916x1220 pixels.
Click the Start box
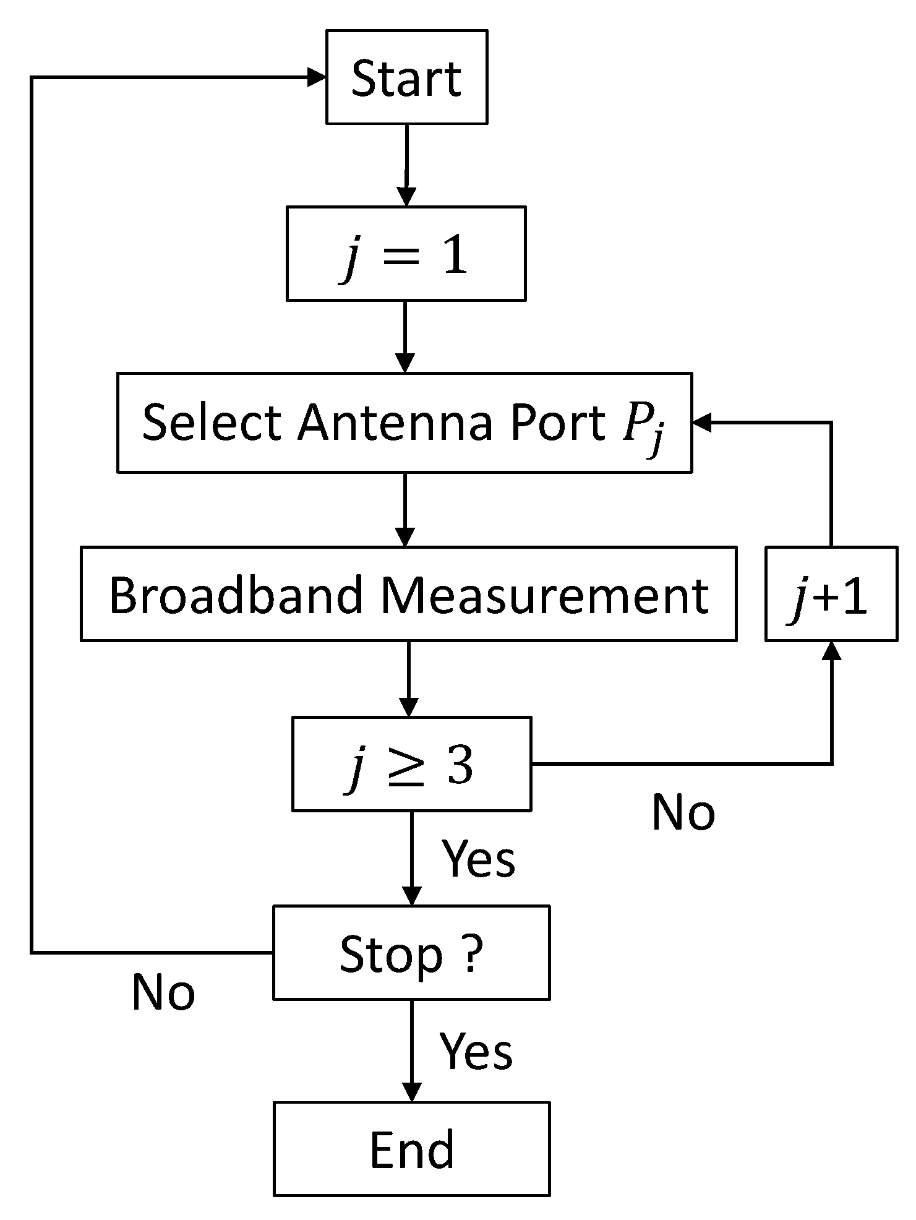point(406,77)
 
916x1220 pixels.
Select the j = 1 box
point(406,254)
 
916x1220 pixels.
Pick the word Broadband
point(236,595)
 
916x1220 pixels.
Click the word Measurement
point(544,595)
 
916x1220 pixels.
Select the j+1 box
point(831,595)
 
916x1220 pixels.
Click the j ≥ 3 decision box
point(411,764)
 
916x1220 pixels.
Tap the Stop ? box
point(411,953)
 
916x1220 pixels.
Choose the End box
point(411,1149)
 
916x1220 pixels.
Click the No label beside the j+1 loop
point(683,812)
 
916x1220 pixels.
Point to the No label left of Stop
point(163,992)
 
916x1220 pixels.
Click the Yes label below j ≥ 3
point(478,859)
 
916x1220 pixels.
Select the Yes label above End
point(476,1051)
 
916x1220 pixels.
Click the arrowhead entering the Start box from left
point(317,77)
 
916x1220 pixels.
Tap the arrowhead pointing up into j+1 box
point(832,651)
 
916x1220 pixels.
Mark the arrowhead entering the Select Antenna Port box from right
point(703,423)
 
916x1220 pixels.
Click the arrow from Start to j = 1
point(406,164)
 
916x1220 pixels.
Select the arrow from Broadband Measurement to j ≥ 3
point(409,677)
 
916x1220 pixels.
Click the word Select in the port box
point(212,423)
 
